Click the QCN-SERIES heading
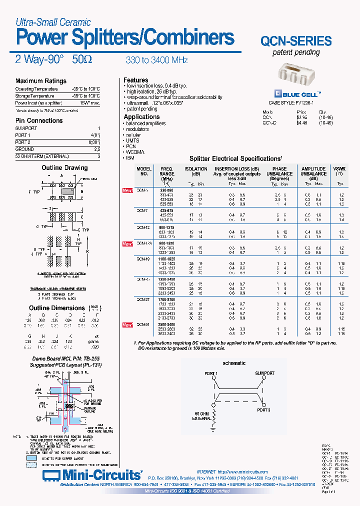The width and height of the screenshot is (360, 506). [x=296, y=41]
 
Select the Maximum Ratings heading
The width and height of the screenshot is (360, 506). [x=40, y=81]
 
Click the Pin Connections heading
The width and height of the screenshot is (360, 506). [x=39, y=120]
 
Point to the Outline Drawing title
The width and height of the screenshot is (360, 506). [x=64, y=168]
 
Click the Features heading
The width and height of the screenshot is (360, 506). [x=136, y=80]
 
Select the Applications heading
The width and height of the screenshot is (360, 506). [x=141, y=117]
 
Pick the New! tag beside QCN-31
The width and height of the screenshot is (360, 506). [x=128, y=325]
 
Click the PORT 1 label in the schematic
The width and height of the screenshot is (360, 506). [x=210, y=373]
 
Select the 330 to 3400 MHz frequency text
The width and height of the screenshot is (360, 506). [x=156, y=60]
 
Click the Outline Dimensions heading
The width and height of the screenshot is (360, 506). [x=57, y=308]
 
